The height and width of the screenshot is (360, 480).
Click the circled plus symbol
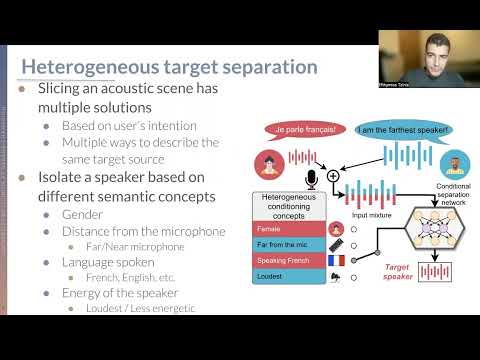(x=333, y=176)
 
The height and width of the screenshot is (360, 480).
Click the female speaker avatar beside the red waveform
(x=270, y=161)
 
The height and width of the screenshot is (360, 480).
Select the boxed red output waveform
(x=436, y=271)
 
